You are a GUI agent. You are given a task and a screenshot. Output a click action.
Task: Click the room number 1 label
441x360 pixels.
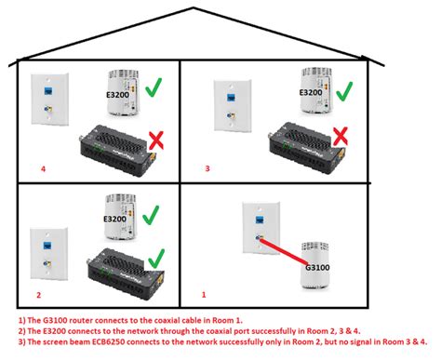pos(204,293)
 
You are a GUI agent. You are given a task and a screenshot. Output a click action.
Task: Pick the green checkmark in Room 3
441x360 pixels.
pos(342,91)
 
